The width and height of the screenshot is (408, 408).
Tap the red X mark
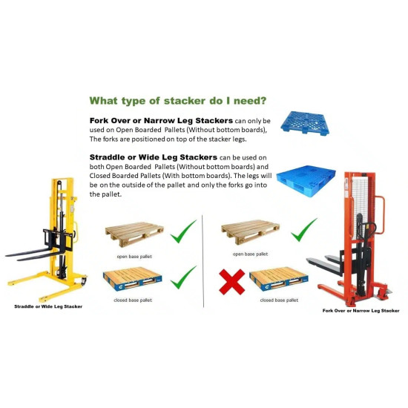pyautogui.click(x=231, y=281)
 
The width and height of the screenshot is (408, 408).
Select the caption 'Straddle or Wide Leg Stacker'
pyautogui.click(x=48, y=306)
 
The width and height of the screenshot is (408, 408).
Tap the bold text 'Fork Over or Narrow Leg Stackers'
pyautogui.click(x=153, y=119)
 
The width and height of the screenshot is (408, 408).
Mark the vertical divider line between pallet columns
pyautogui.click(x=203, y=260)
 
